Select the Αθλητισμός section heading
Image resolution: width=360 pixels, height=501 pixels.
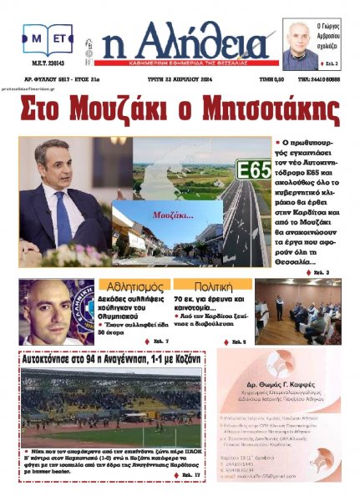[x=128, y=286]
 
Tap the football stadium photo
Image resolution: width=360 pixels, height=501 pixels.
[x=111, y=405]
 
